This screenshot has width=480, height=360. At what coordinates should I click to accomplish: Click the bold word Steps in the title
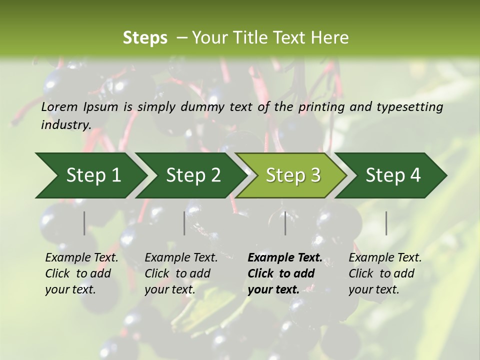pos(145,37)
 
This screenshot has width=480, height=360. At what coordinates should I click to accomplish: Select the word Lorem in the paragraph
pos(59,107)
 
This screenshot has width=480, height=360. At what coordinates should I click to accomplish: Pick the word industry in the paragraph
pos(66,125)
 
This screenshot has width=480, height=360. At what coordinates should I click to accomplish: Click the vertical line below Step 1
pos(84,223)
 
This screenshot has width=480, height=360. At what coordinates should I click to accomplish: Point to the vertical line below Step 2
pos(184,223)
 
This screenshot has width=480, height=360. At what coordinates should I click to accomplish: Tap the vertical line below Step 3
pos(285,223)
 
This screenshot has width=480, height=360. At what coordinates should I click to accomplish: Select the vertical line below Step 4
pos(386,223)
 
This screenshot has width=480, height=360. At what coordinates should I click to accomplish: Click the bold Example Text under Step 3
pos(285,258)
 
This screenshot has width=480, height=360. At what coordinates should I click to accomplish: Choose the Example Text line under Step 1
pos(81,258)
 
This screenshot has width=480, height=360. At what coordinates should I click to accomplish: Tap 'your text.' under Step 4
pos(373,290)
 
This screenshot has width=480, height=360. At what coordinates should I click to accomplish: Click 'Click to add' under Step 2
pos(177,274)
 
